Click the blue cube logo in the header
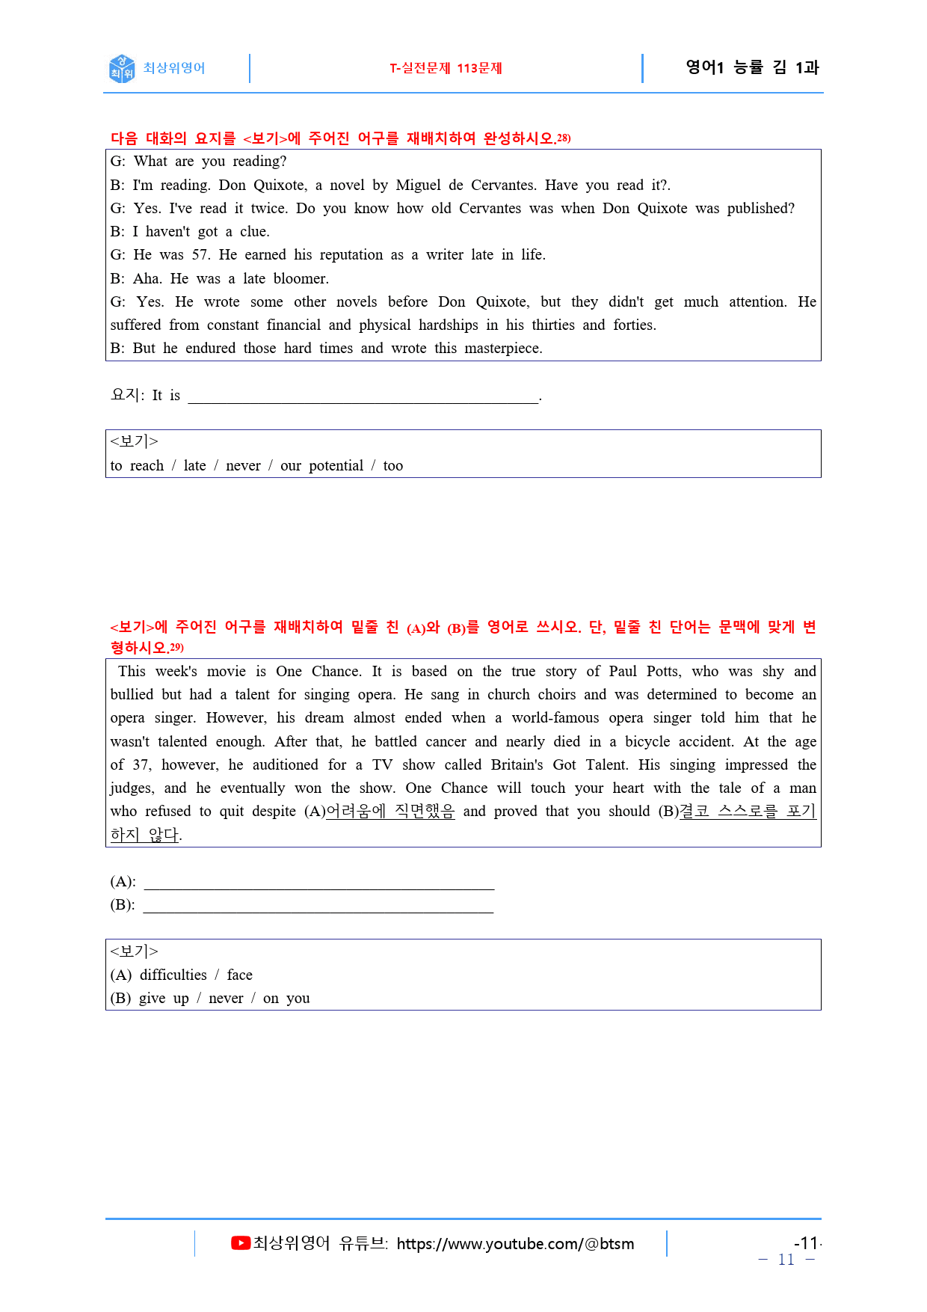[122, 68]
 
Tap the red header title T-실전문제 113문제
[446, 68]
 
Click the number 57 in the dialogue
[200, 255]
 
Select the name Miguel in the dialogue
[418, 186]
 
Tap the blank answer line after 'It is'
[363, 396]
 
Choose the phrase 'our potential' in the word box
[321, 466]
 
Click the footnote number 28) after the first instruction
[564, 138]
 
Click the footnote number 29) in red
[176, 647]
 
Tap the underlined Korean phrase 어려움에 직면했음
[390, 812]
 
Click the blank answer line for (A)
[319, 883]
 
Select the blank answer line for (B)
[318, 906]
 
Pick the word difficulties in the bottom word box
[173, 975]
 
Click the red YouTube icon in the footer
[241, 1243]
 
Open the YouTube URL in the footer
[515, 1244]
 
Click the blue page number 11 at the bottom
[786, 1260]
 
